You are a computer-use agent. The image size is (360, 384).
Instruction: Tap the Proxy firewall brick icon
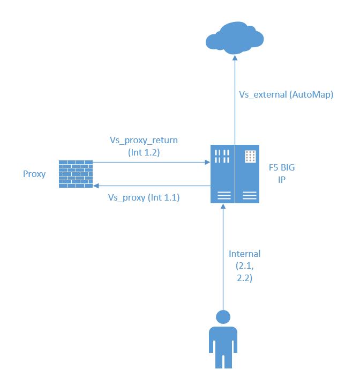pos(76,174)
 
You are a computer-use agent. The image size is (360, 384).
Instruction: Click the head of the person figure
pos(223,317)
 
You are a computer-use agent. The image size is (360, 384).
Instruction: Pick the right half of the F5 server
pos(247,174)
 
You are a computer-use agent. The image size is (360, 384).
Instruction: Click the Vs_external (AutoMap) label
pos(286,94)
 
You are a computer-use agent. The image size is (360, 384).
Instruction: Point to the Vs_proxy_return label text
pos(144,140)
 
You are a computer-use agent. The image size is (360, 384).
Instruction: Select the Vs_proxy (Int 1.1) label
pos(144,197)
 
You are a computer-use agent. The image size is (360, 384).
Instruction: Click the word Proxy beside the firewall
pos(34,174)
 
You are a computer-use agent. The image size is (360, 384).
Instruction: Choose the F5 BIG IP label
pos(281,174)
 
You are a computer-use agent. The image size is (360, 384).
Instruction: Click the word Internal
pos(244,254)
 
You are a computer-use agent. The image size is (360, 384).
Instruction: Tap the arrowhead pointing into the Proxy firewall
pos(96,186)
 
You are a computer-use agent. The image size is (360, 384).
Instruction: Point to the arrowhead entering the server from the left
pos(208,161)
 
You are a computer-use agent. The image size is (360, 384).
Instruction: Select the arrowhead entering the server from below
pos(223,208)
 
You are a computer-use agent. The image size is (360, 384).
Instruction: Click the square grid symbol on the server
pos(249,157)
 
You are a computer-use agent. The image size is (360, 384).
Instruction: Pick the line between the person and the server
pos(223,257)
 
